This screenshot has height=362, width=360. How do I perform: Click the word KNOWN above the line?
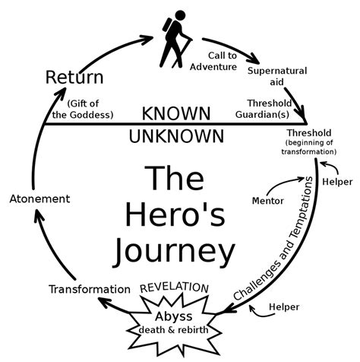tap(176, 114)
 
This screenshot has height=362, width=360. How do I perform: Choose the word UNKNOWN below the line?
tap(176, 136)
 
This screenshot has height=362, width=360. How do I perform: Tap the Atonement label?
tap(39, 198)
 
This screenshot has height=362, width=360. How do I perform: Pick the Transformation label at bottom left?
tap(89, 289)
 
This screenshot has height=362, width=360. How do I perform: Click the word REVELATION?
tap(175, 287)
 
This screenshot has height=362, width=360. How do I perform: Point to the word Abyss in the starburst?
tap(174, 315)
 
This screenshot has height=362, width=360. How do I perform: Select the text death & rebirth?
tap(174, 329)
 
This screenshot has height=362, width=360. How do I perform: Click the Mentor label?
tap(267, 201)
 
